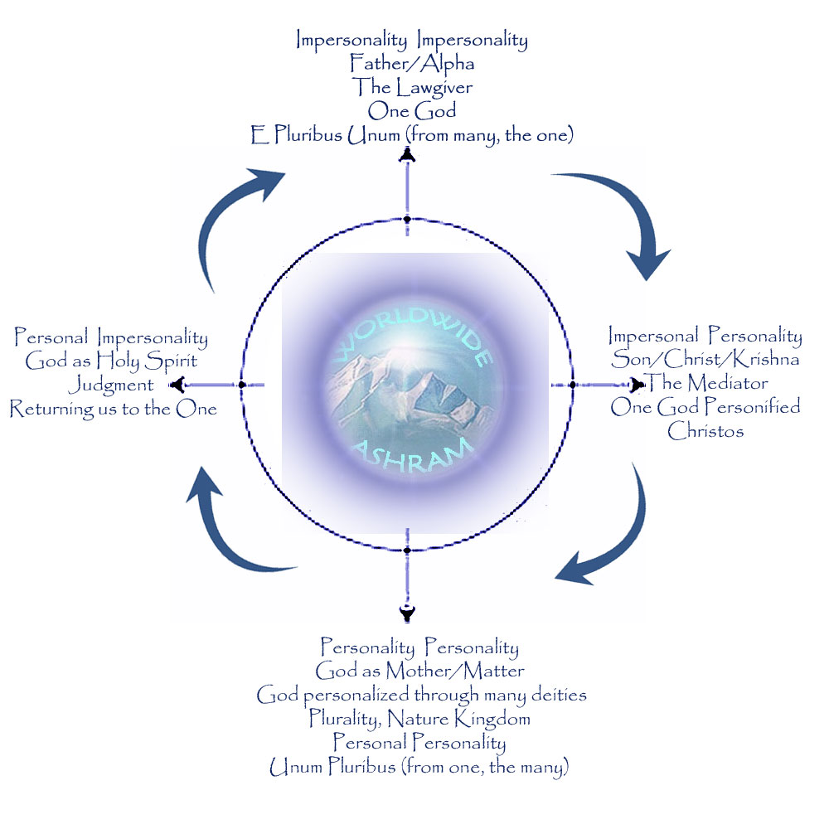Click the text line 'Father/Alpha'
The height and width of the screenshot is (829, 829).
pyautogui.click(x=411, y=63)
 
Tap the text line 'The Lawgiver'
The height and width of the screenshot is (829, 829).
pyautogui.click(x=411, y=86)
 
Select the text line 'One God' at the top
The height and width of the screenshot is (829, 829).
pyautogui.click(x=411, y=110)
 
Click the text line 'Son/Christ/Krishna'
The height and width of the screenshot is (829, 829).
pyautogui.click(x=705, y=360)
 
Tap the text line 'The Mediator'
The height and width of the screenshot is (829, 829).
pyautogui.click(x=706, y=383)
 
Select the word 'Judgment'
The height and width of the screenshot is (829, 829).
pyautogui.click(x=110, y=385)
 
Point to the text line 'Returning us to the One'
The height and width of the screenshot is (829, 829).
pyautogui.click(x=114, y=409)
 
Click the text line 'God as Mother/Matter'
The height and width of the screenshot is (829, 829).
pyautogui.click(x=419, y=670)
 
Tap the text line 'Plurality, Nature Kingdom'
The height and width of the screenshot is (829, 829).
pyautogui.click(x=419, y=718)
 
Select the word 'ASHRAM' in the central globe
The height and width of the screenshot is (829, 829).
pyautogui.click(x=412, y=455)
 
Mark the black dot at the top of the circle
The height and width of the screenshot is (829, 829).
pyautogui.click(x=407, y=220)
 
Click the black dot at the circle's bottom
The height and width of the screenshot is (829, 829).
pyautogui.click(x=407, y=550)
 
